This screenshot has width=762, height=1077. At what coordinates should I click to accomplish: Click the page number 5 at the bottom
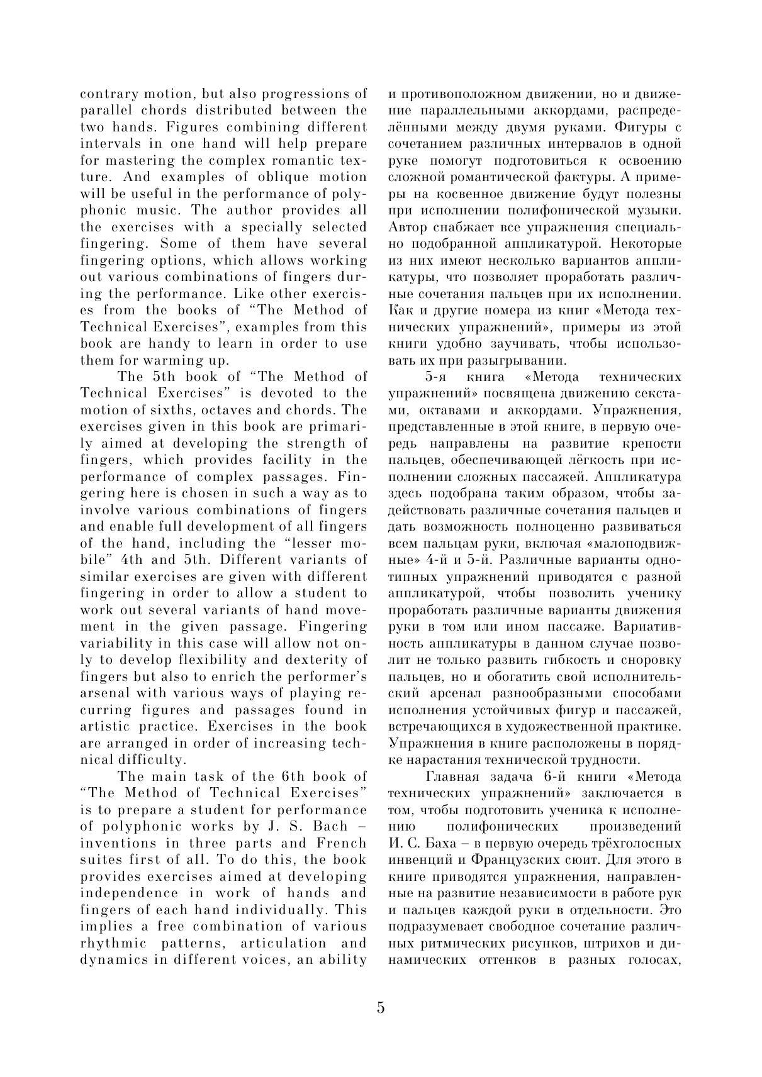[381, 1008]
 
